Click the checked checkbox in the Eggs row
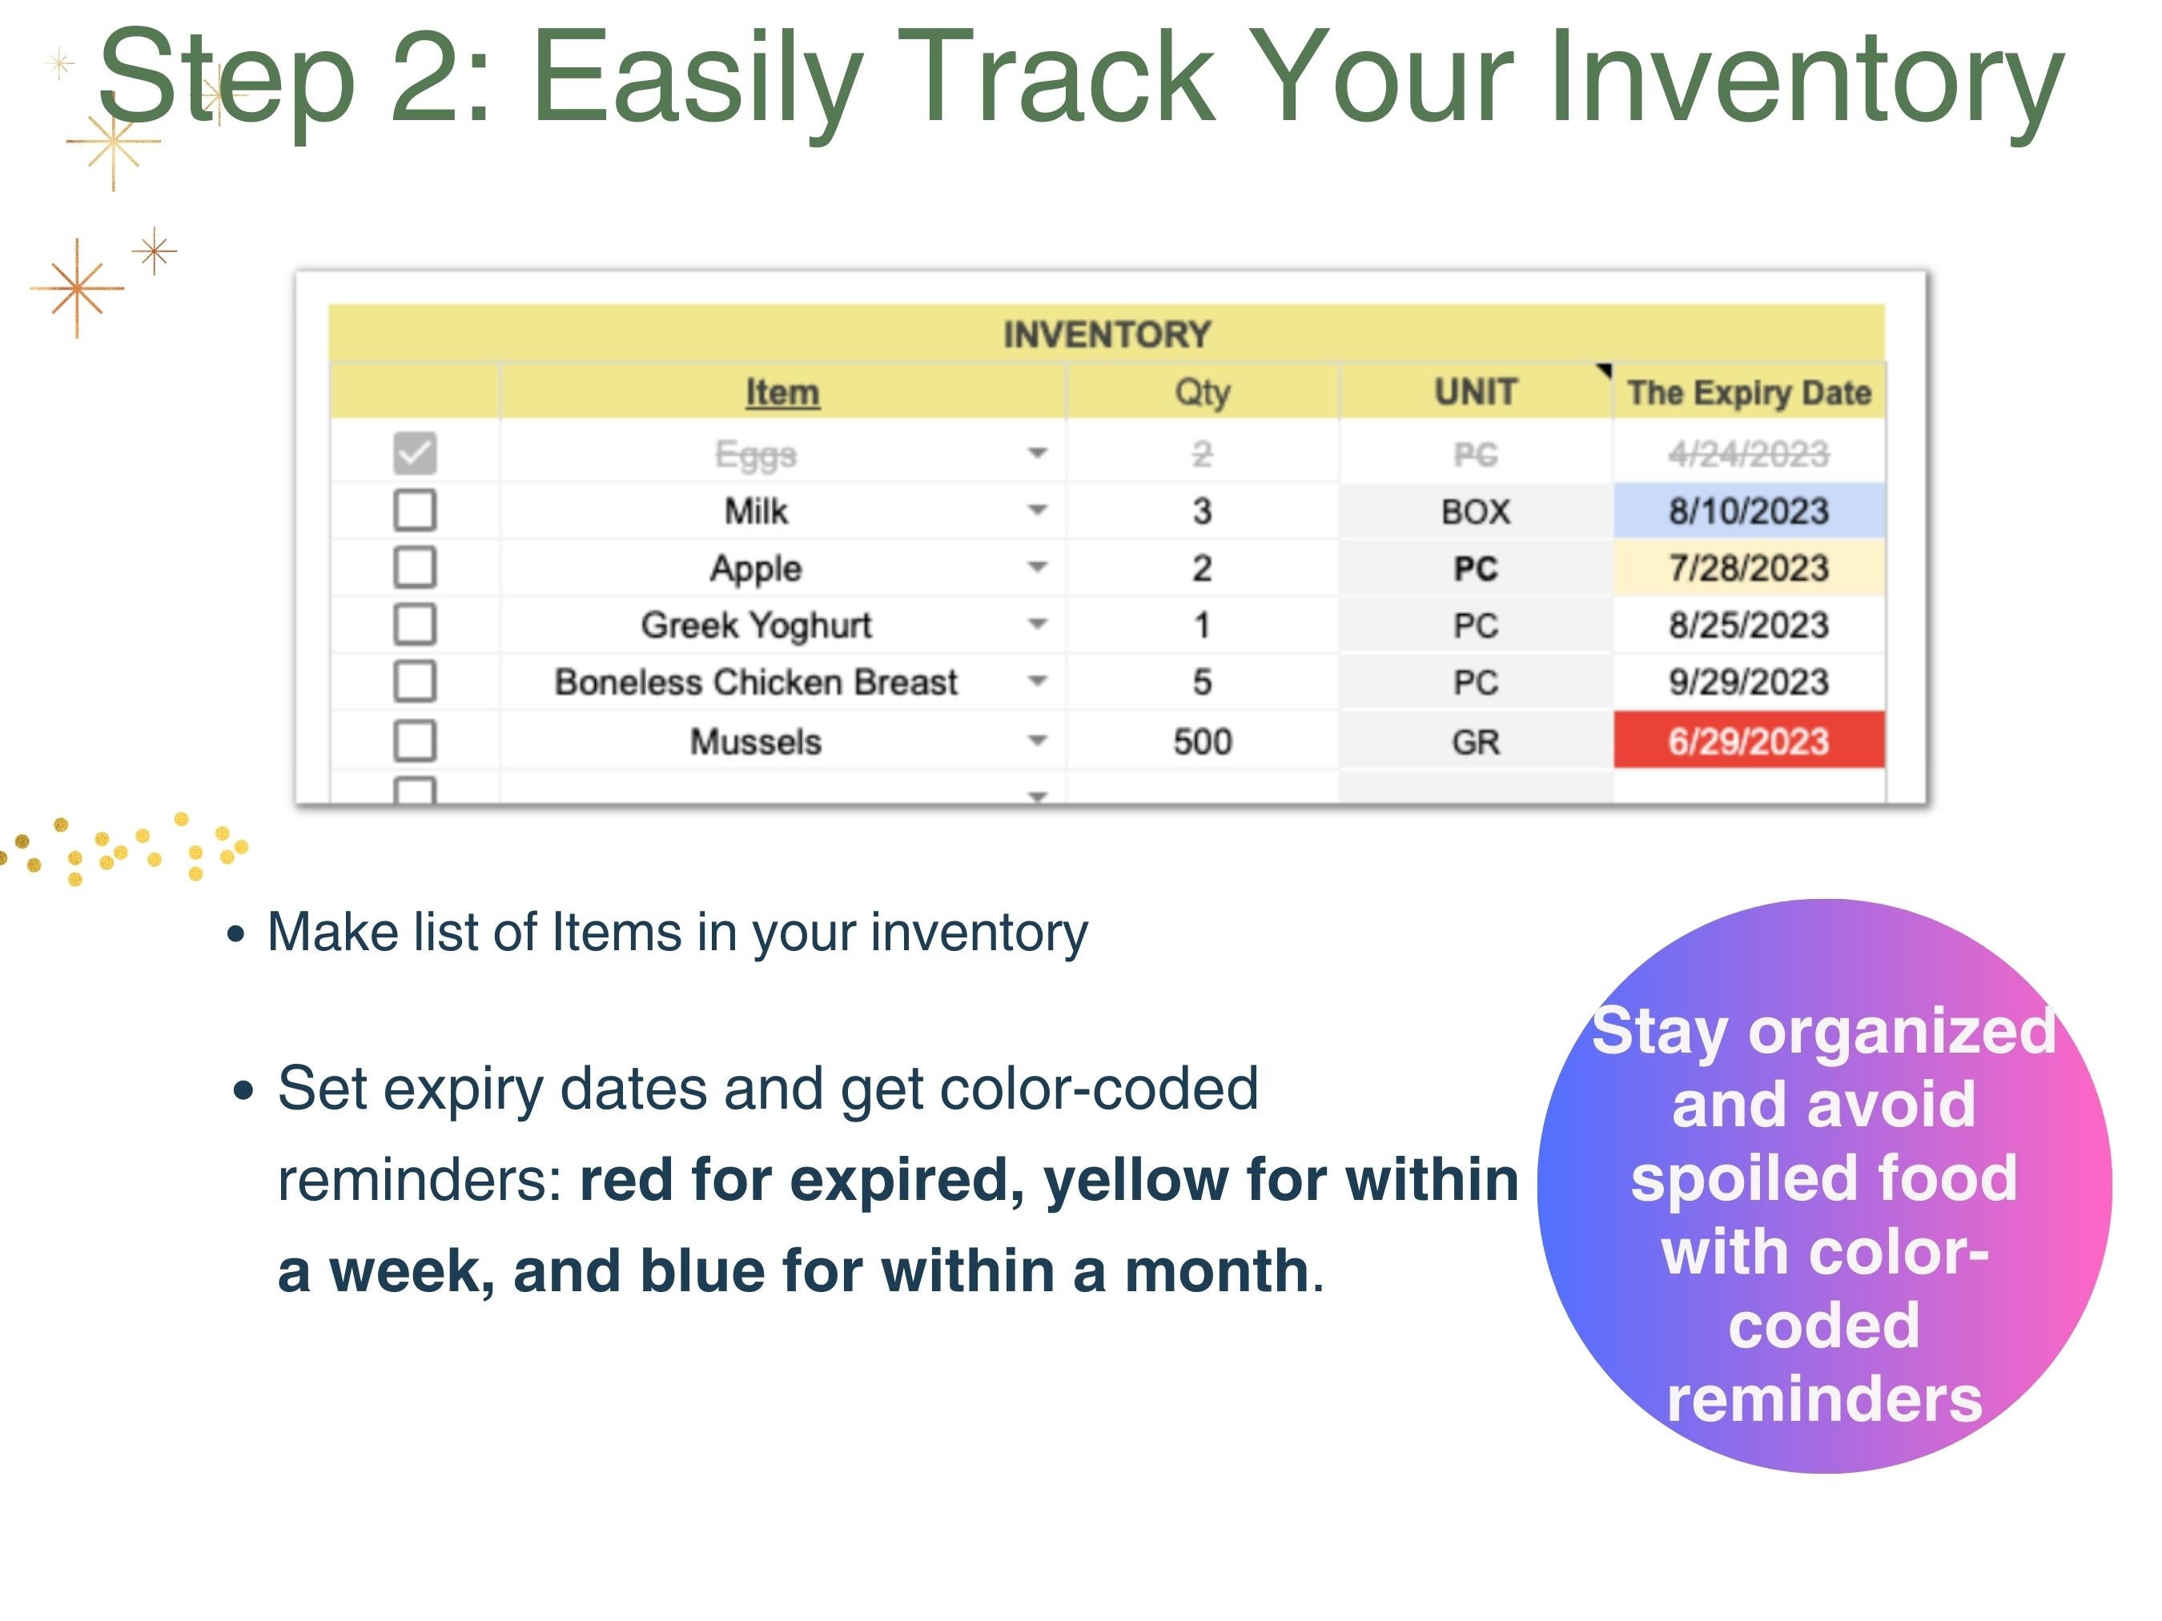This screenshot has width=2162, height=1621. (x=415, y=453)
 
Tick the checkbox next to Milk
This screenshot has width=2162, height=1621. (x=415, y=510)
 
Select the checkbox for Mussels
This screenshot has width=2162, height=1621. (x=415, y=740)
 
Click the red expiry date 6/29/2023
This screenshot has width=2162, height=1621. (x=1747, y=741)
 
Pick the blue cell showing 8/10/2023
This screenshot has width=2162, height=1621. (x=1747, y=511)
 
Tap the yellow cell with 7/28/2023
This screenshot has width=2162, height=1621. (x=1747, y=568)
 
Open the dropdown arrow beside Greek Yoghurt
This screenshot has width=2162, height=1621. (x=1037, y=624)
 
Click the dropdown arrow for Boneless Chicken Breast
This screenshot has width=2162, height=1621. (x=1037, y=680)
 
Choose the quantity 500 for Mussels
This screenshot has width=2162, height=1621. (x=1201, y=741)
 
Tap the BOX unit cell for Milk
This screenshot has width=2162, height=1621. (x=1475, y=511)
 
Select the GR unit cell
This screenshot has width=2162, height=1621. (x=1475, y=741)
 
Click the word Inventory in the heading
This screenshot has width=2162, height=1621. (x=1804, y=78)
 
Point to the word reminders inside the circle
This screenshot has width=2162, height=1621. (x=1824, y=1399)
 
